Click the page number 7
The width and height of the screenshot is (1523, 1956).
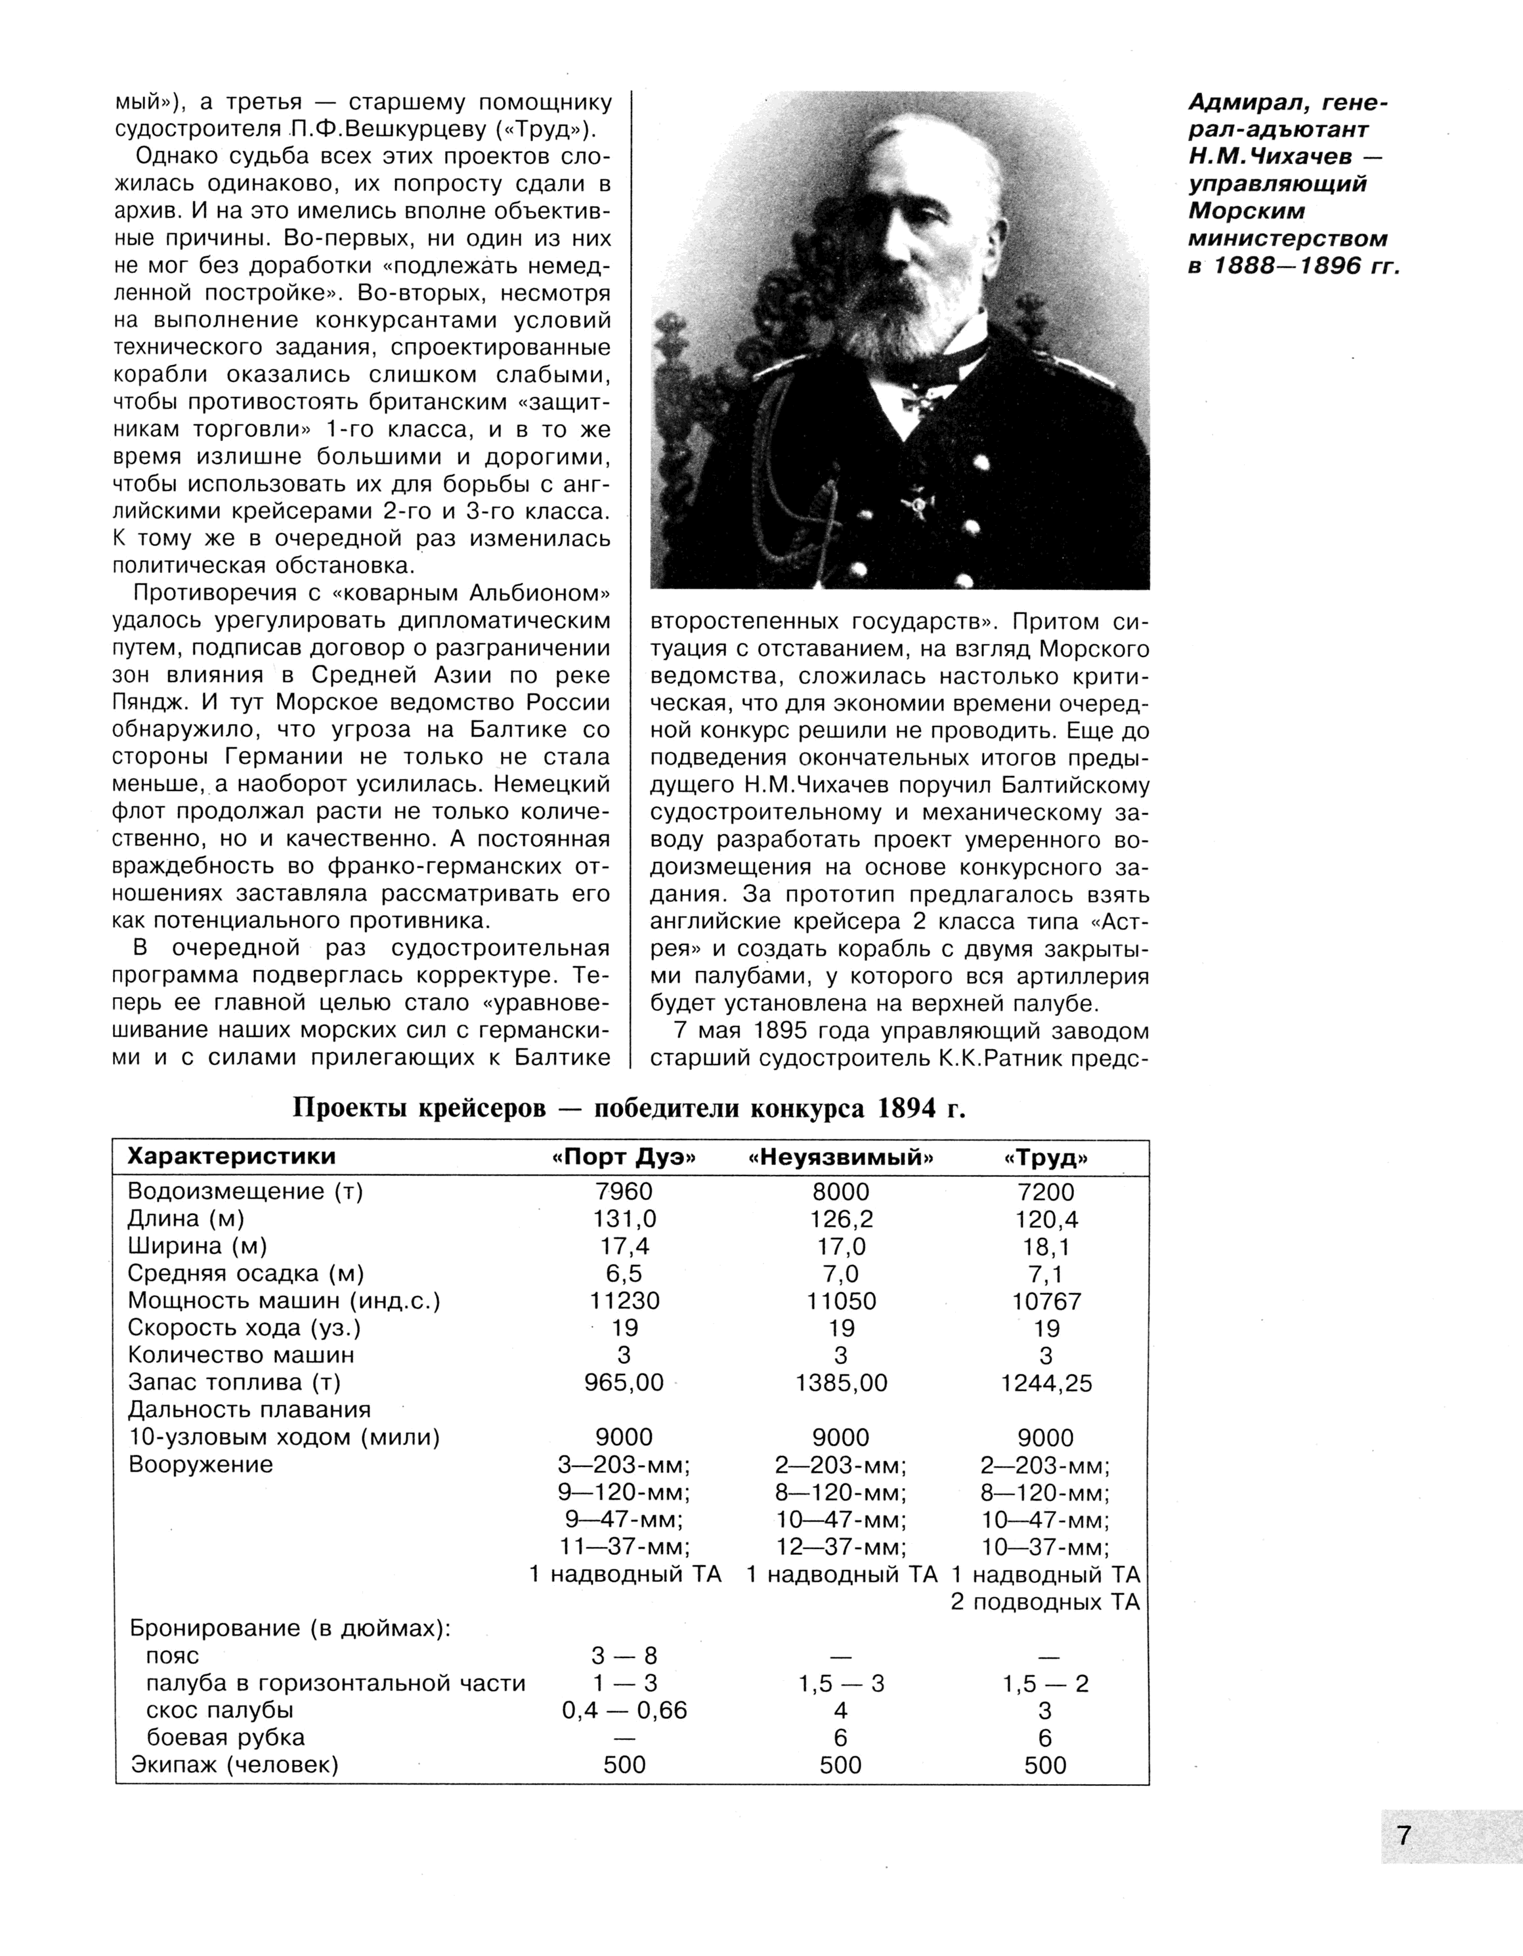click(1403, 1836)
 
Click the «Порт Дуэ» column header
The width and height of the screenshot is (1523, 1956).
click(624, 1157)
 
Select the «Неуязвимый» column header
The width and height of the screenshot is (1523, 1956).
click(840, 1157)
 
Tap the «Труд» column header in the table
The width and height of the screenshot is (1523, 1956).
click(1046, 1157)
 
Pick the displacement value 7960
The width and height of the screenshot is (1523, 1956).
click(624, 1192)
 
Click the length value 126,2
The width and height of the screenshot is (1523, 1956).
click(840, 1220)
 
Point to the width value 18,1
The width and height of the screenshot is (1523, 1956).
click(1046, 1246)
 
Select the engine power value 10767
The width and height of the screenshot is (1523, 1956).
click(1046, 1302)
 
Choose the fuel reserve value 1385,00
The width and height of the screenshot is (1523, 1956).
click(840, 1383)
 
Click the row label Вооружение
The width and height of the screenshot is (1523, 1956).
click(201, 1464)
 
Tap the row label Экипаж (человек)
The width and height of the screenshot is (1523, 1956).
click(235, 1764)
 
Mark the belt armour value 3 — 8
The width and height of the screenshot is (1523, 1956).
click(624, 1655)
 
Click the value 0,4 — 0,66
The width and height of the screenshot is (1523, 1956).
click(624, 1710)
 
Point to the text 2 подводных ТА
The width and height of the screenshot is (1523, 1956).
click(1046, 1602)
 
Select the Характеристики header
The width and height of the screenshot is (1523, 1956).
click(232, 1157)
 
